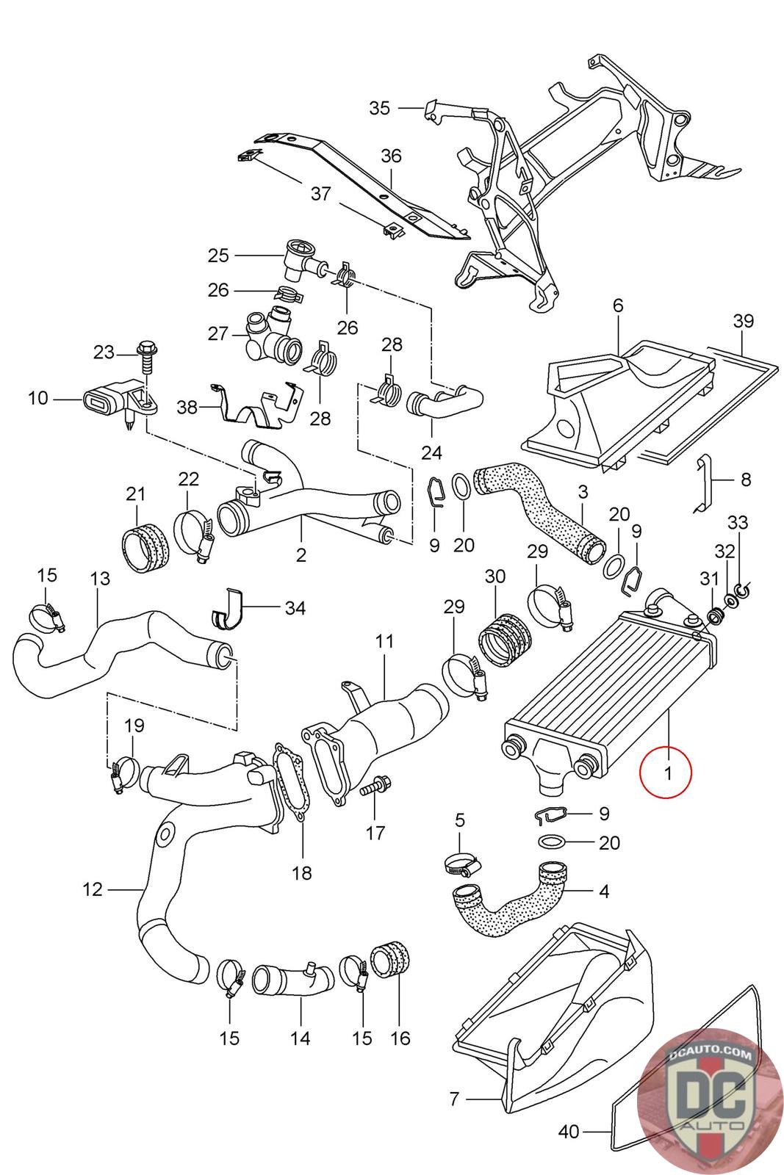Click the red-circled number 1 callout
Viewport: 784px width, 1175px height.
[666, 772]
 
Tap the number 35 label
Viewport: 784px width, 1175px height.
[379, 108]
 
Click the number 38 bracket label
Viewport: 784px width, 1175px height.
[187, 407]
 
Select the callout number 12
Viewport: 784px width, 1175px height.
[93, 889]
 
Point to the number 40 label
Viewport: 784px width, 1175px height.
[568, 1146]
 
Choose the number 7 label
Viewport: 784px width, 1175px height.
[454, 1098]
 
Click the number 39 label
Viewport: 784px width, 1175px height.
[743, 321]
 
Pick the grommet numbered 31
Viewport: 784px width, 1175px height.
[714, 615]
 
